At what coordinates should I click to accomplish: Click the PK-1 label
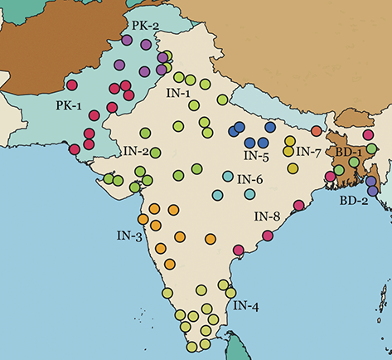70,105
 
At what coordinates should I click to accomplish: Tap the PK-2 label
145,26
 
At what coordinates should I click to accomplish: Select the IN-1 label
178,94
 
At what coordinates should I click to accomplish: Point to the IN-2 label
137,152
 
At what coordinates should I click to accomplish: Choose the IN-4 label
246,306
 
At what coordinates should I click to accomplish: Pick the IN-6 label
250,179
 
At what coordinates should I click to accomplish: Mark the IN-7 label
308,153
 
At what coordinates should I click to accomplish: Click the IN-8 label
266,217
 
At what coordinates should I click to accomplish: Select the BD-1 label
349,153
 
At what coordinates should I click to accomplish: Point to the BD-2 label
354,200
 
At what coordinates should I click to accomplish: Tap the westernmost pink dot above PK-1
71,85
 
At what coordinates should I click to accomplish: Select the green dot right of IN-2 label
155,152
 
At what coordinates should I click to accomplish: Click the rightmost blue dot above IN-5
269,126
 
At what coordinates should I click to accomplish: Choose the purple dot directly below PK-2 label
127,39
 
